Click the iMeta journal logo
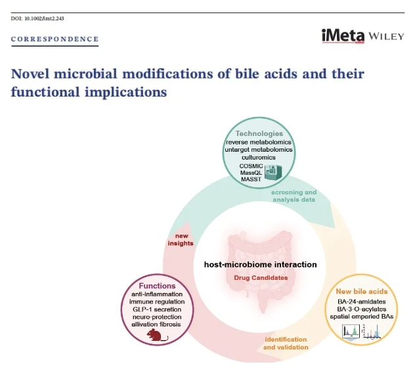pyautogui.click(x=343, y=35)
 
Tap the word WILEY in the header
pyautogui.click(x=386, y=36)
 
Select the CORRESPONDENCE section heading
pyautogui.click(x=55, y=39)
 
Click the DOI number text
pyautogui.click(x=37, y=18)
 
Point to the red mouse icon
pyautogui.click(x=157, y=335)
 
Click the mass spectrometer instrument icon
pyautogui.click(x=273, y=172)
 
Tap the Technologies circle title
pyautogui.click(x=259, y=133)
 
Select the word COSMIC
pyautogui.click(x=251, y=166)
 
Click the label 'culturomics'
pyautogui.click(x=259, y=157)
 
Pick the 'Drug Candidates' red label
pyautogui.click(x=261, y=278)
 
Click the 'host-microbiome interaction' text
pyautogui.click(x=261, y=265)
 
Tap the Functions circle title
pyautogui.click(x=157, y=286)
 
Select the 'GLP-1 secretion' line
pyautogui.click(x=157, y=309)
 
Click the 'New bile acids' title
pyautogui.click(x=362, y=291)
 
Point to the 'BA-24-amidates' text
pyautogui.click(x=362, y=302)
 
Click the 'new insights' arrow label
pyautogui.click(x=181, y=240)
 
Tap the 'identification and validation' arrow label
pyautogui.click(x=286, y=344)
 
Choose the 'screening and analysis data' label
pyautogui.click(x=294, y=196)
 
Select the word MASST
pyautogui.click(x=251, y=179)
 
